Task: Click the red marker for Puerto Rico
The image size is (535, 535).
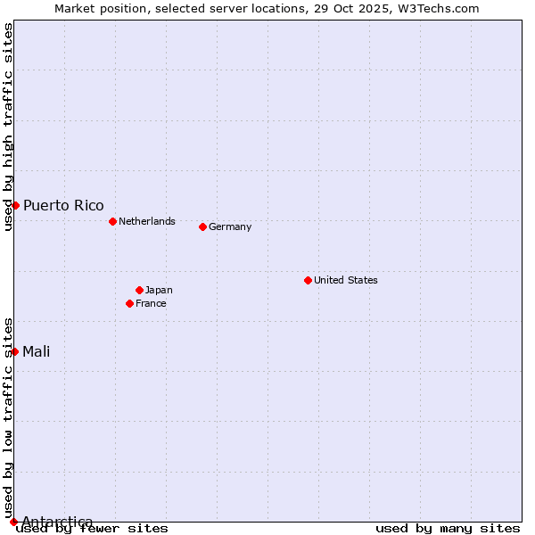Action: coord(15,205)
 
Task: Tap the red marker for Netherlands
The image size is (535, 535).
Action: coord(112,221)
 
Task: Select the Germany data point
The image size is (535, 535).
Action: coord(202,226)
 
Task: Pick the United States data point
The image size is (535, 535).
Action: coord(308,280)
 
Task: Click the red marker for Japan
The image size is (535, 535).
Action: coord(139,290)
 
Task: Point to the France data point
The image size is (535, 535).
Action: coord(129,303)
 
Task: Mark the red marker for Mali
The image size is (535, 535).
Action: coord(15,351)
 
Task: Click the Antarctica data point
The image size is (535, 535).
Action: coord(13,522)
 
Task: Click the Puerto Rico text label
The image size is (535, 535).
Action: coord(63,205)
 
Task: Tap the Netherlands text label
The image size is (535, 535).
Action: coord(147,221)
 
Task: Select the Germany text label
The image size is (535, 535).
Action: coord(230,226)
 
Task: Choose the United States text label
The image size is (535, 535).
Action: coord(346,280)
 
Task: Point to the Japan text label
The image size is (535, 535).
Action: coord(159,290)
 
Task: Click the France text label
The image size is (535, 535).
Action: coord(151,303)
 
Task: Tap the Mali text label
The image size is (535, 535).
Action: coord(37,351)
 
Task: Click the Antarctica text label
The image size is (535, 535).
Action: coord(57,522)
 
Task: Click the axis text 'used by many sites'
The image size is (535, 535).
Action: coord(448,528)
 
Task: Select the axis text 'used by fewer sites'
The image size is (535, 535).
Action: coord(92,528)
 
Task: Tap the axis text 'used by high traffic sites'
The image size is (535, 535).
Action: coord(8,127)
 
